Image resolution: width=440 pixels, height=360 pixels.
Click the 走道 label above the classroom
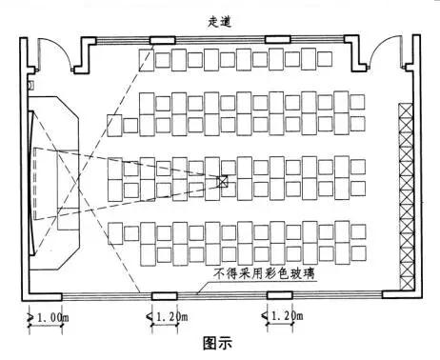click(220, 20)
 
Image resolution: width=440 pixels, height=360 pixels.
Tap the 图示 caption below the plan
click(218, 340)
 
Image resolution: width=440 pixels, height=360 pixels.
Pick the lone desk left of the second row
click(114, 125)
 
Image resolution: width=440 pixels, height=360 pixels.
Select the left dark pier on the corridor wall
click(160, 40)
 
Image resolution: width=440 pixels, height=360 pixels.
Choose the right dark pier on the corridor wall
click(277, 40)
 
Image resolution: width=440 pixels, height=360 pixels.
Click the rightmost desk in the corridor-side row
click(334, 59)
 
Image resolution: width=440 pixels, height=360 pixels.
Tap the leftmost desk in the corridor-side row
click(145, 59)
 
